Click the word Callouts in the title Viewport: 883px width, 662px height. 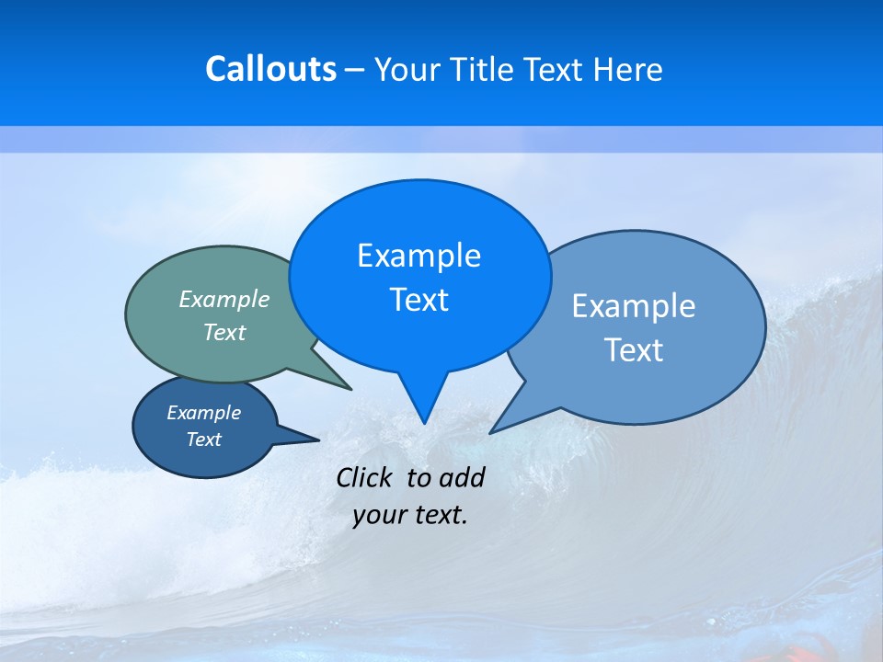(271, 69)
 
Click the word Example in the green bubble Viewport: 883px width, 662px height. (224, 299)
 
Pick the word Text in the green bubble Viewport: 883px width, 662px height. (224, 332)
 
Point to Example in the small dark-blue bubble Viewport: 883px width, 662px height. (203, 413)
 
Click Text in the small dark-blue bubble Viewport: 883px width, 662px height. (203, 439)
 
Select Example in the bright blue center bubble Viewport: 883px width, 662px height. (419, 256)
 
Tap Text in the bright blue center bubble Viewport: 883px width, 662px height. (419, 300)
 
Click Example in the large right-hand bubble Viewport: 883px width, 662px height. (634, 306)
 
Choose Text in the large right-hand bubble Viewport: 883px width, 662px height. (634, 350)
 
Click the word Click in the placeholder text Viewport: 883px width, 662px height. (366, 477)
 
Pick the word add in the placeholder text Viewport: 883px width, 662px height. (462, 477)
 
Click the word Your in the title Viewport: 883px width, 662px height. (406, 69)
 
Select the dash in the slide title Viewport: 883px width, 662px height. (355, 70)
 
